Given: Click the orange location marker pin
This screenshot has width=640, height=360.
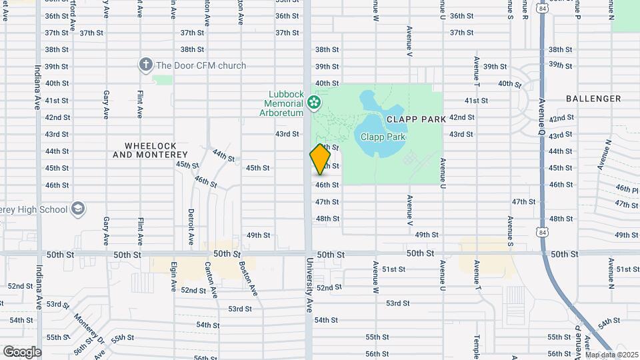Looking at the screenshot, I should [x=320, y=159].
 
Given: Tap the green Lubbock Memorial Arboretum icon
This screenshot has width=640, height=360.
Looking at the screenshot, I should [x=315, y=103].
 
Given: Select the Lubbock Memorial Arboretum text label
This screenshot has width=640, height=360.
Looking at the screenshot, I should [x=284, y=103].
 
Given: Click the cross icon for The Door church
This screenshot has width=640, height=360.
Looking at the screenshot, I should [x=145, y=65].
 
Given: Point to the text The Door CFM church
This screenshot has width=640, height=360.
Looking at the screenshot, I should [x=201, y=65].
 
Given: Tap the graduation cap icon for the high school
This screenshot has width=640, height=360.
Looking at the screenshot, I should [x=78, y=209].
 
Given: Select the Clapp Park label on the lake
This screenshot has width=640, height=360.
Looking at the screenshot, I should [x=383, y=137].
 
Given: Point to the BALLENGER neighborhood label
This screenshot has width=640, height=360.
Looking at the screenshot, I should [x=593, y=99].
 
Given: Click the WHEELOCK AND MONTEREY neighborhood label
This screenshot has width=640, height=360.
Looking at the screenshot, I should [x=150, y=150].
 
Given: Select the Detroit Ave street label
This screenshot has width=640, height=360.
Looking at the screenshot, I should [x=191, y=226].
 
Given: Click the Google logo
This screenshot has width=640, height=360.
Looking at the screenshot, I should [x=22, y=351].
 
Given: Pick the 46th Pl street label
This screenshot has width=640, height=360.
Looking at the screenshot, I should [x=627, y=189].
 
